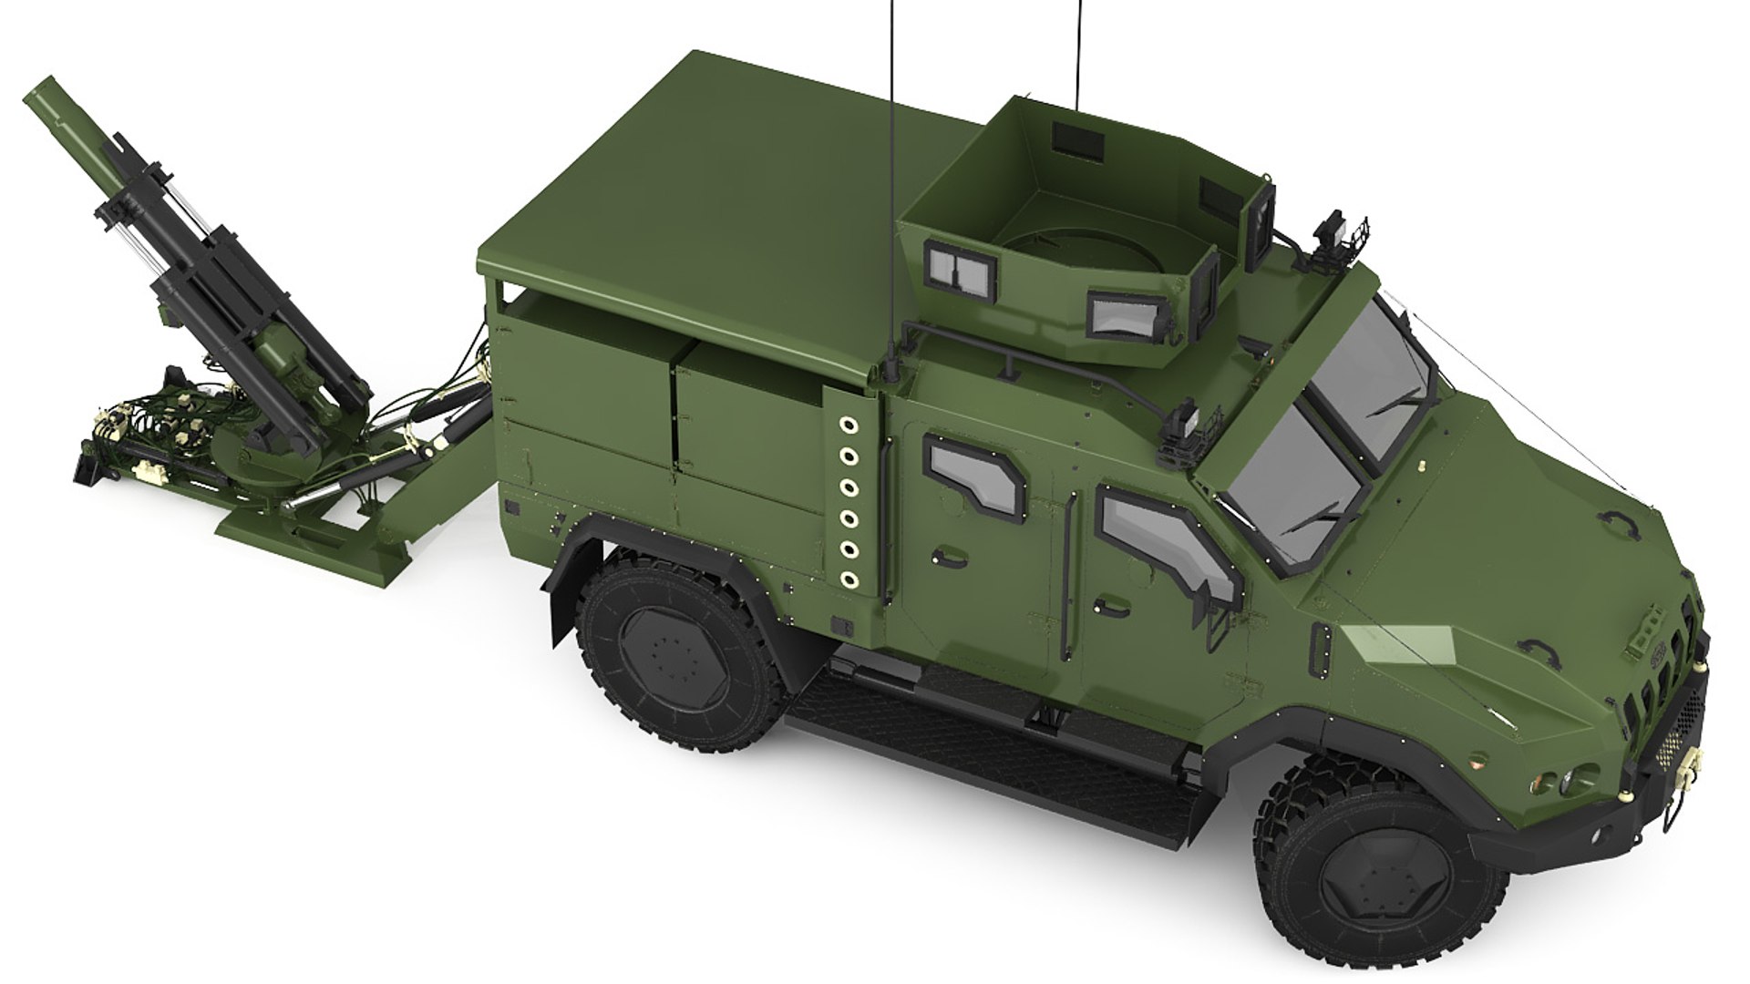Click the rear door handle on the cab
tap(942, 556)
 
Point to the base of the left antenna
tap(888, 369)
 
